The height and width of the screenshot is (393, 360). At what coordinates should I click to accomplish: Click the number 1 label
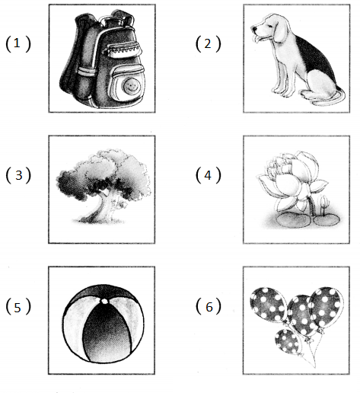pyautogui.click(x=17, y=43)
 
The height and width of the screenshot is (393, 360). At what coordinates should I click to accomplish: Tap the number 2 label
pyautogui.click(x=208, y=43)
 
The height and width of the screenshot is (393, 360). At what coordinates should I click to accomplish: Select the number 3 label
pyautogui.click(x=19, y=175)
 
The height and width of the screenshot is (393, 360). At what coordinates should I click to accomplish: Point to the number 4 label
pyautogui.click(x=208, y=175)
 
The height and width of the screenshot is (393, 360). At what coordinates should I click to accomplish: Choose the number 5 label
pyautogui.click(x=18, y=308)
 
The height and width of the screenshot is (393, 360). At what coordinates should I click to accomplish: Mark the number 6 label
pyautogui.click(x=209, y=307)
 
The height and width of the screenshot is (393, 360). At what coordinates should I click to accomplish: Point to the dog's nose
pyautogui.click(x=254, y=29)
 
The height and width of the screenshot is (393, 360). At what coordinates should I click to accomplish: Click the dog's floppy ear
pyautogui.click(x=279, y=30)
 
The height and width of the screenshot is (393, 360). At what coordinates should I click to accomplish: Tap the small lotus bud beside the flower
pyautogui.click(x=324, y=203)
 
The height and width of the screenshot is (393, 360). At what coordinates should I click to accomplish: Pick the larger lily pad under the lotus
pyautogui.click(x=294, y=219)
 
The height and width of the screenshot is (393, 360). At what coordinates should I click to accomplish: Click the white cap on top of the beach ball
pyautogui.click(x=104, y=302)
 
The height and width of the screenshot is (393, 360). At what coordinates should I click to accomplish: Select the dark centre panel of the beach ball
pyautogui.click(x=107, y=333)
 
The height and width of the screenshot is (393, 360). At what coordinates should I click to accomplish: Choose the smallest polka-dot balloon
pyautogui.click(x=288, y=341)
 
